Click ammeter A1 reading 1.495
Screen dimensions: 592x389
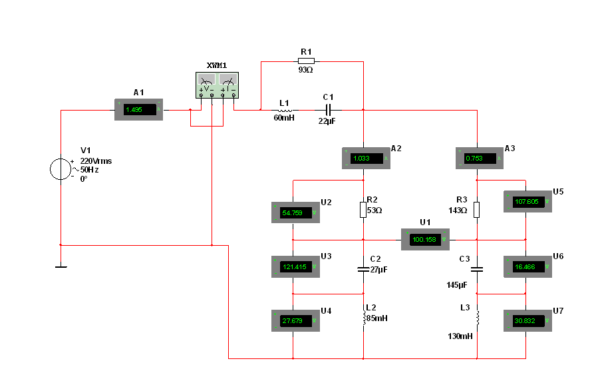138,110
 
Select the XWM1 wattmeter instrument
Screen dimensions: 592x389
217,85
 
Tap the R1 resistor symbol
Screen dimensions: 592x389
306,61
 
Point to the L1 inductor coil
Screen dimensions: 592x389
285,111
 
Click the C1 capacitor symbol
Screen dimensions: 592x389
328,110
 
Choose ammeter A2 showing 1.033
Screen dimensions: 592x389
366,158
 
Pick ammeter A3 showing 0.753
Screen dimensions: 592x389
480,158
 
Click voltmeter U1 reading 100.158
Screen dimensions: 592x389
425,239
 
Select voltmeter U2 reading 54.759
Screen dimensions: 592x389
295,212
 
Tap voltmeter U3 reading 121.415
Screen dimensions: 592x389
295,266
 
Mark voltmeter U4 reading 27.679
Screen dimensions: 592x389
295,320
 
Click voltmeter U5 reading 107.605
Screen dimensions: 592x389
528,201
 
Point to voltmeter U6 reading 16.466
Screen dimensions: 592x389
528,266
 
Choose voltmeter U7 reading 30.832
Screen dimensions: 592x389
528,320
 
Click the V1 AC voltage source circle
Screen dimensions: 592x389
61,169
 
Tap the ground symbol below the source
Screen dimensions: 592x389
61,267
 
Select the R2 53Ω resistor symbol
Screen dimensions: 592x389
363,210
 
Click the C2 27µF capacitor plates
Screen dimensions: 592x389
363,270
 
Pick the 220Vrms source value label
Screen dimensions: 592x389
96,161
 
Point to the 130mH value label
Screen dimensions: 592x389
460,336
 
